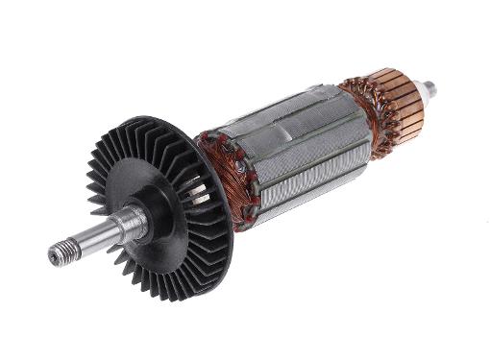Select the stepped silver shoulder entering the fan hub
coord(129,225)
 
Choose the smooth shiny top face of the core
coord(279,115)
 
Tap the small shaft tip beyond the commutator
coord(430,90)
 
